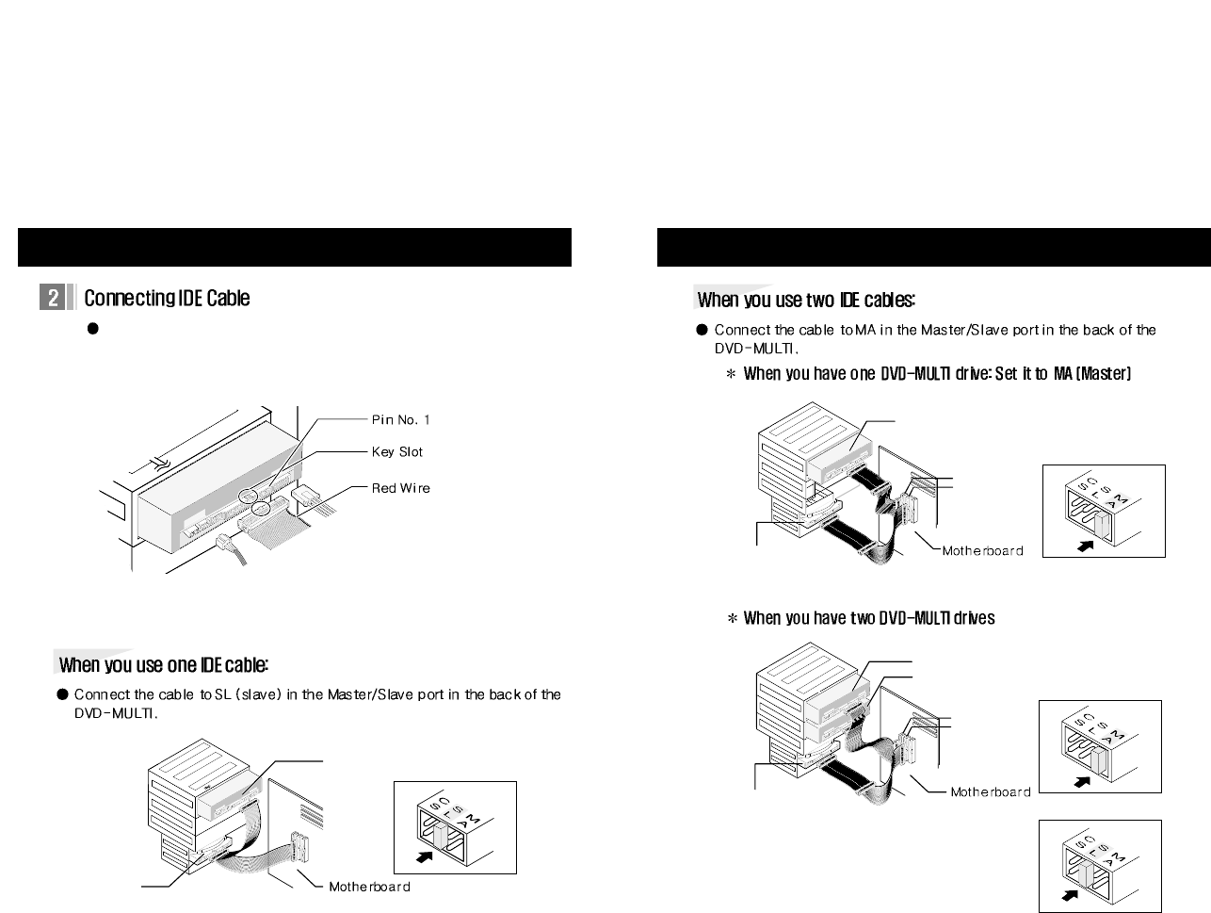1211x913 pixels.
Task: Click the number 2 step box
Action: pos(53,298)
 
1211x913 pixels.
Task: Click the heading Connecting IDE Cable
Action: pos(167,298)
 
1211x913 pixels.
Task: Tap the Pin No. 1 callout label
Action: pos(400,419)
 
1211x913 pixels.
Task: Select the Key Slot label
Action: pos(396,452)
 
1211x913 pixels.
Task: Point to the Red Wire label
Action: pos(400,488)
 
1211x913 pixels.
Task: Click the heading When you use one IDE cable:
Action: pos(164,665)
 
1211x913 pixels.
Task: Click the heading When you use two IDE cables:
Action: pos(806,300)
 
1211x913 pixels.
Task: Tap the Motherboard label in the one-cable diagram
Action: pos(369,887)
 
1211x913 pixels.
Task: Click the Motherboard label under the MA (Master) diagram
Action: pos(982,551)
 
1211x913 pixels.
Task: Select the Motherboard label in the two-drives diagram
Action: pos(991,791)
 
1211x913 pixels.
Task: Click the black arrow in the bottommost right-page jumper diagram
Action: pos(1069,895)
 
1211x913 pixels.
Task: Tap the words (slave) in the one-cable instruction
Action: pos(258,695)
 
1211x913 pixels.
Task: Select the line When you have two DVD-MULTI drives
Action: pos(868,618)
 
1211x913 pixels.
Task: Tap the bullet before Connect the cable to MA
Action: pos(702,330)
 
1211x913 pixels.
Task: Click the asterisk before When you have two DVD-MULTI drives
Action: pos(731,619)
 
